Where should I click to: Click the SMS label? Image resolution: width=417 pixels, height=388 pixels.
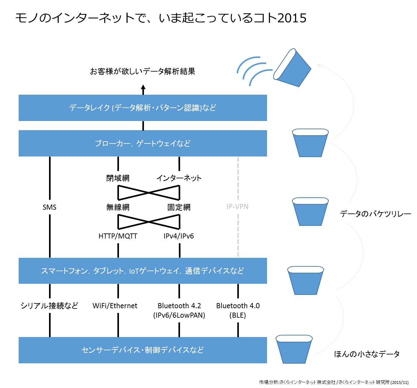(x=49, y=207)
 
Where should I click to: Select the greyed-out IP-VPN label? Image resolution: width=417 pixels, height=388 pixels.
(x=237, y=207)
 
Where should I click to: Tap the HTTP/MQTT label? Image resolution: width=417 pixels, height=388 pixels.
(x=118, y=236)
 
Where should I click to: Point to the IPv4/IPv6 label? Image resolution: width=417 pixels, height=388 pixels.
(x=179, y=236)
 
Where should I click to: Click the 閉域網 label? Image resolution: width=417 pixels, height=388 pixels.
(x=118, y=178)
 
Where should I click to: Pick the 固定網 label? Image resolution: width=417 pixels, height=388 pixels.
(x=179, y=207)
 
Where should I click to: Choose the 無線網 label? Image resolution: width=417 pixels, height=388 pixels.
(x=118, y=207)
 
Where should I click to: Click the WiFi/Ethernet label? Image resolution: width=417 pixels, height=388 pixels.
(x=115, y=306)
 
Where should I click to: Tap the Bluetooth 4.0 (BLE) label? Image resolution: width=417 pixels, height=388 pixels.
(x=238, y=310)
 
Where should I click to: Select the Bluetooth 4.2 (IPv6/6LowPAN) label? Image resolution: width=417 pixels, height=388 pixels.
(x=179, y=310)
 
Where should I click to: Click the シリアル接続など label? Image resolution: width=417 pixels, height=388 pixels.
(x=49, y=306)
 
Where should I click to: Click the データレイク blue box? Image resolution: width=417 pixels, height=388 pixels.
(x=143, y=108)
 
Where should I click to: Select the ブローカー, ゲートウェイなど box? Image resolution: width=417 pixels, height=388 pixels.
(x=143, y=143)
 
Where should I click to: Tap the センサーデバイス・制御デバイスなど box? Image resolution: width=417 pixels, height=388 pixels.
(x=143, y=350)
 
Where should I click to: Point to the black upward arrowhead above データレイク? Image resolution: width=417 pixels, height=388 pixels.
(x=143, y=87)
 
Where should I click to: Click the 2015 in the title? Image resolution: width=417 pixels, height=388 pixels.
(x=292, y=18)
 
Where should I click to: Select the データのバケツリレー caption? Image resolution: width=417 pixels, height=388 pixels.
(x=376, y=214)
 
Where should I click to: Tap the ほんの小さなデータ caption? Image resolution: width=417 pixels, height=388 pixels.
(x=367, y=354)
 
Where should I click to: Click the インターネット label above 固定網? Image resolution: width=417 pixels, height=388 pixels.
(x=179, y=178)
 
